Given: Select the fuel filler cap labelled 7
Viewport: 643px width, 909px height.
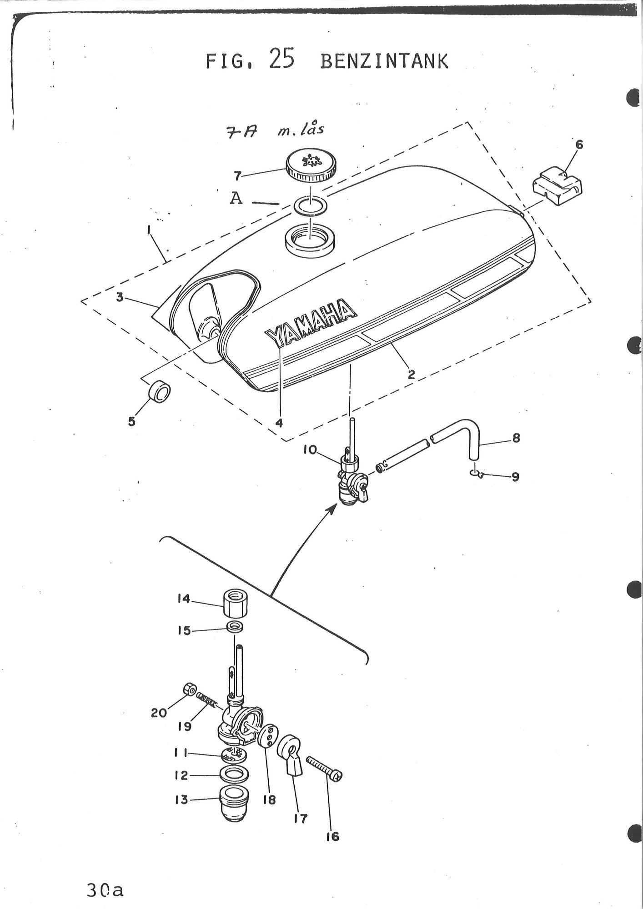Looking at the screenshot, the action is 311,166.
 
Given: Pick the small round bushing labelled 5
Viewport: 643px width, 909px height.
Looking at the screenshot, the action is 160,392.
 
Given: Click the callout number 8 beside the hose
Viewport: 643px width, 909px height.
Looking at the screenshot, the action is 516,439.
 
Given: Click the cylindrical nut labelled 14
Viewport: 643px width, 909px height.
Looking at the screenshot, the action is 235,603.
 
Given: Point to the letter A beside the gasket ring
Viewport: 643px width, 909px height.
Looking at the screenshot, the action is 236,198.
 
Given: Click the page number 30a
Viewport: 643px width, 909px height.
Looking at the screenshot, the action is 105,889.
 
